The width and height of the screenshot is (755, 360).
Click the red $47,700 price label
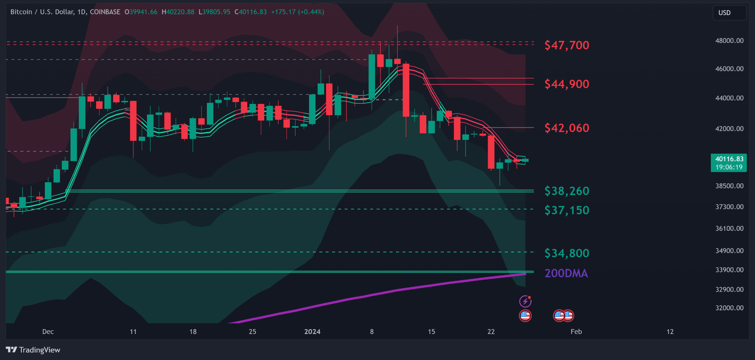[566, 45]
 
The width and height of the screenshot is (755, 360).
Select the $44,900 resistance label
[566, 84]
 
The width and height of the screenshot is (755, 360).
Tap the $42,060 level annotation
[566, 128]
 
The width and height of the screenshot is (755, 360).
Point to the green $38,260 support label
[566, 191]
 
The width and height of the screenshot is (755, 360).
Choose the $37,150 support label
[566, 210]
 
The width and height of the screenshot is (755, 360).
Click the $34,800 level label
[566, 253]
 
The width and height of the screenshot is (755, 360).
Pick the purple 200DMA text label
[566, 273]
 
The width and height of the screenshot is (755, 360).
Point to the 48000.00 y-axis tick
[729, 41]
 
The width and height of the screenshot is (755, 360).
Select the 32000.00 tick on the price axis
[729, 308]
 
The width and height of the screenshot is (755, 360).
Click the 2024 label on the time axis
[312, 332]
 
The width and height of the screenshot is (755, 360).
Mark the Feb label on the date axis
[576, 332]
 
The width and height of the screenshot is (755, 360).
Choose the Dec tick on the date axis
[48, 332]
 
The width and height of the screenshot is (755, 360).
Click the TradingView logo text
[33, 350]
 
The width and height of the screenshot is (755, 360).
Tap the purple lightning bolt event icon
[525, 301]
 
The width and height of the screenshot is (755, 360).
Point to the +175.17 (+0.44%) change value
[297, 12]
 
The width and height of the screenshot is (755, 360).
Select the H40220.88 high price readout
[178, 12]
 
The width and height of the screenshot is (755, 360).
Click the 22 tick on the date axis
[491, 332]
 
